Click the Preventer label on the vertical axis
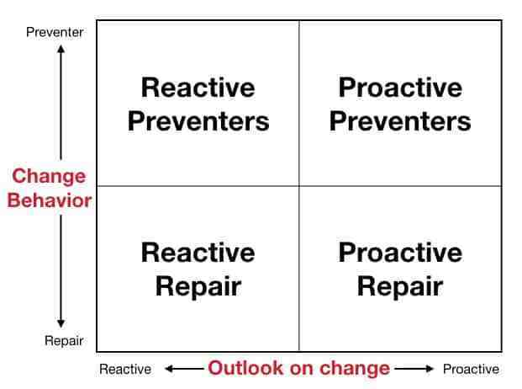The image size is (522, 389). (x=55, y=32)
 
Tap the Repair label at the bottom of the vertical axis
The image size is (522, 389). (x=64, y=341)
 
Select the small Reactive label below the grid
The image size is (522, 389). (x=125, y=369)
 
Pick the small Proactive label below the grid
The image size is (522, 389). (x=471, y=369)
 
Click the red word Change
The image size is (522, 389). (x=49, y=176)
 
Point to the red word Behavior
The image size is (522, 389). (x=50, y=200)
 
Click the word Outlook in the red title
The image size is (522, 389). (x=245, y=368)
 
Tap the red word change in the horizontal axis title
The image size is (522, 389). (x=355, y=368)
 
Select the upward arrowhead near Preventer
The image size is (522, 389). (x=61, y=49)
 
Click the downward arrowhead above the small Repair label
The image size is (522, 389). (x=61, y=323)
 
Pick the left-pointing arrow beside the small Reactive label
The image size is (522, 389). (x=184, y=369)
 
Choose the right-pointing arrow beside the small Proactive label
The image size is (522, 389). (x=414, y=369)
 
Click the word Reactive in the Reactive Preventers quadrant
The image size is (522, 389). (x=198, y=88)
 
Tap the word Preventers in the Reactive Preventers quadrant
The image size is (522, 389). (x=198, y=121)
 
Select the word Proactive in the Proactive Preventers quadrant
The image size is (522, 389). (x=400, y=88)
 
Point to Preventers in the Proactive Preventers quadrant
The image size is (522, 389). (x=400, y=121)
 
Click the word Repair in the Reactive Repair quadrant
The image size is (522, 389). (x=198, y=286)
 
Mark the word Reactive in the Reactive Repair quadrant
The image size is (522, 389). (x=198, y=253)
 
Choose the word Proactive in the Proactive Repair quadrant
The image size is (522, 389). (x=400, y=253)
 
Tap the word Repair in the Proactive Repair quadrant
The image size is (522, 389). (x=400, y=286)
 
